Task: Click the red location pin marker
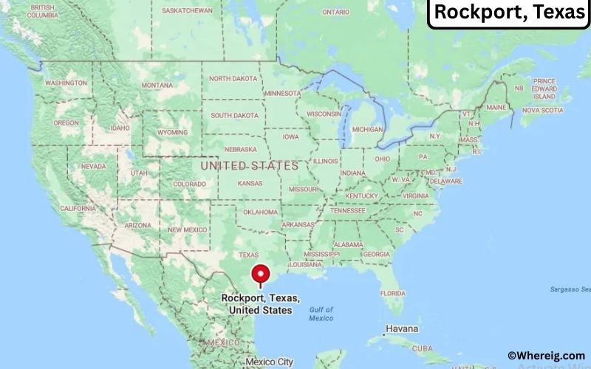click(260, 275)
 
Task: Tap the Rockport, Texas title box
click(510, 13)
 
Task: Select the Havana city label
click(401, 328)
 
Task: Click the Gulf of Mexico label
click(321, 314)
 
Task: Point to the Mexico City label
click(270, 362)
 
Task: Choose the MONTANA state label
click(157, 86)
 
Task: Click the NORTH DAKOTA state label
click(233, 79)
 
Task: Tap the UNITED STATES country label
click(250, 166)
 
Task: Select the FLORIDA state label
click(392, 293)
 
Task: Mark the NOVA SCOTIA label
click(542, 110)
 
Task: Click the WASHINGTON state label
click(66, 83)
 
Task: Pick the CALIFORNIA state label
click(78, 209)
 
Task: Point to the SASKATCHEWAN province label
click(187, 11)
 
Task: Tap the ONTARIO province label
click(335, 13)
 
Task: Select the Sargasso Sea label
click(570, 289)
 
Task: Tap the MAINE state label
click(496, 108)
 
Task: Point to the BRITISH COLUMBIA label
click(41, 11)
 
